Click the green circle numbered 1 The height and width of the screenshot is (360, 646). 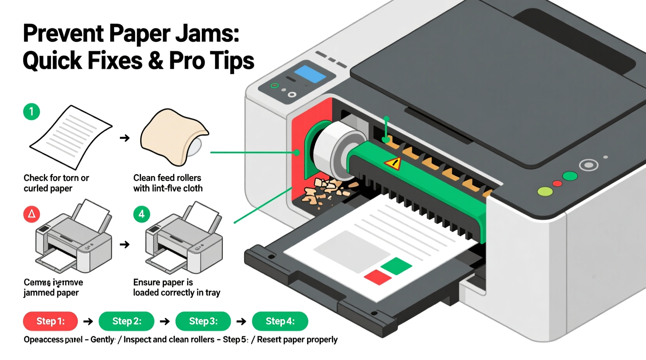pos(31,112)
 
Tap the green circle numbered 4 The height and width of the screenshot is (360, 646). pos(141,214)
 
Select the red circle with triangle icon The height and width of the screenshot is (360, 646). pos(31,214)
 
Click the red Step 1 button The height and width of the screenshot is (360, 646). pos(50,321)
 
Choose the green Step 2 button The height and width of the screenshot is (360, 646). pos(127,321)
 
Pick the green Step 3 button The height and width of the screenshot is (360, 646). pos(203,321)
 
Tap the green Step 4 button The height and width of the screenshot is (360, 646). pos(280,321)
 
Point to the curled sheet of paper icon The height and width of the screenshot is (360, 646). pos(71,136)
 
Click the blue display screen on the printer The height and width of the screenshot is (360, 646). pos(310,74)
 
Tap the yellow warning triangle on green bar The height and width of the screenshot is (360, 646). pos(393,163)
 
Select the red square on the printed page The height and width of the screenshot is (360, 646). pos(378,277)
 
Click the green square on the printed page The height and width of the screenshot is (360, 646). pos(396,266)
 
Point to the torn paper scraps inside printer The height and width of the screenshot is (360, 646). pos(326,190)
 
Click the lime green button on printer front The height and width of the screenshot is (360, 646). pos(545,192)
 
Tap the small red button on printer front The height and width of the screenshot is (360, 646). pos(557,183)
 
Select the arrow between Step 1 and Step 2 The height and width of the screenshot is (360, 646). pos(88,321)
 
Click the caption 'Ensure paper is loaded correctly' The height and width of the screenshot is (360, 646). pos(176,287)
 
